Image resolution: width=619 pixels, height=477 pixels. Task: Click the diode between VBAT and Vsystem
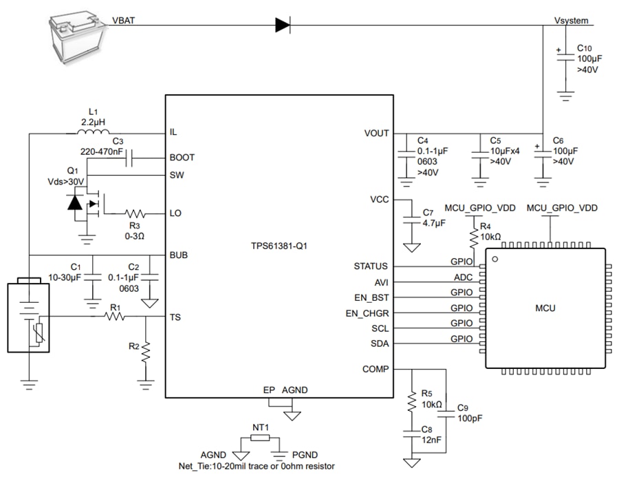pos(282,25)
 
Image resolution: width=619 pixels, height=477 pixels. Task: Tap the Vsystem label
pos(571,21)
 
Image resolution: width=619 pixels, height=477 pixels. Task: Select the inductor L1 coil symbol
pos(92,132)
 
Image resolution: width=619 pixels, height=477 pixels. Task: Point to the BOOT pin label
pos(182,157)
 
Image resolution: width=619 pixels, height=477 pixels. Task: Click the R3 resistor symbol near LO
pos(135,213)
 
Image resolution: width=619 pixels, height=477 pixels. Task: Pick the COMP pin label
pos(375,369)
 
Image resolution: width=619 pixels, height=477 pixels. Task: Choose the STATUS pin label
pos(371,266)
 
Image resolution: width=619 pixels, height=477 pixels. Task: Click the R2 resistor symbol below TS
pos(146,352)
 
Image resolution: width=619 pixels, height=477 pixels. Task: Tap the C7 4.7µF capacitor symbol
pos(411,218)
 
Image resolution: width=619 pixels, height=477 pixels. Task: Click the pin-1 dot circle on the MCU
pos(495,259)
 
